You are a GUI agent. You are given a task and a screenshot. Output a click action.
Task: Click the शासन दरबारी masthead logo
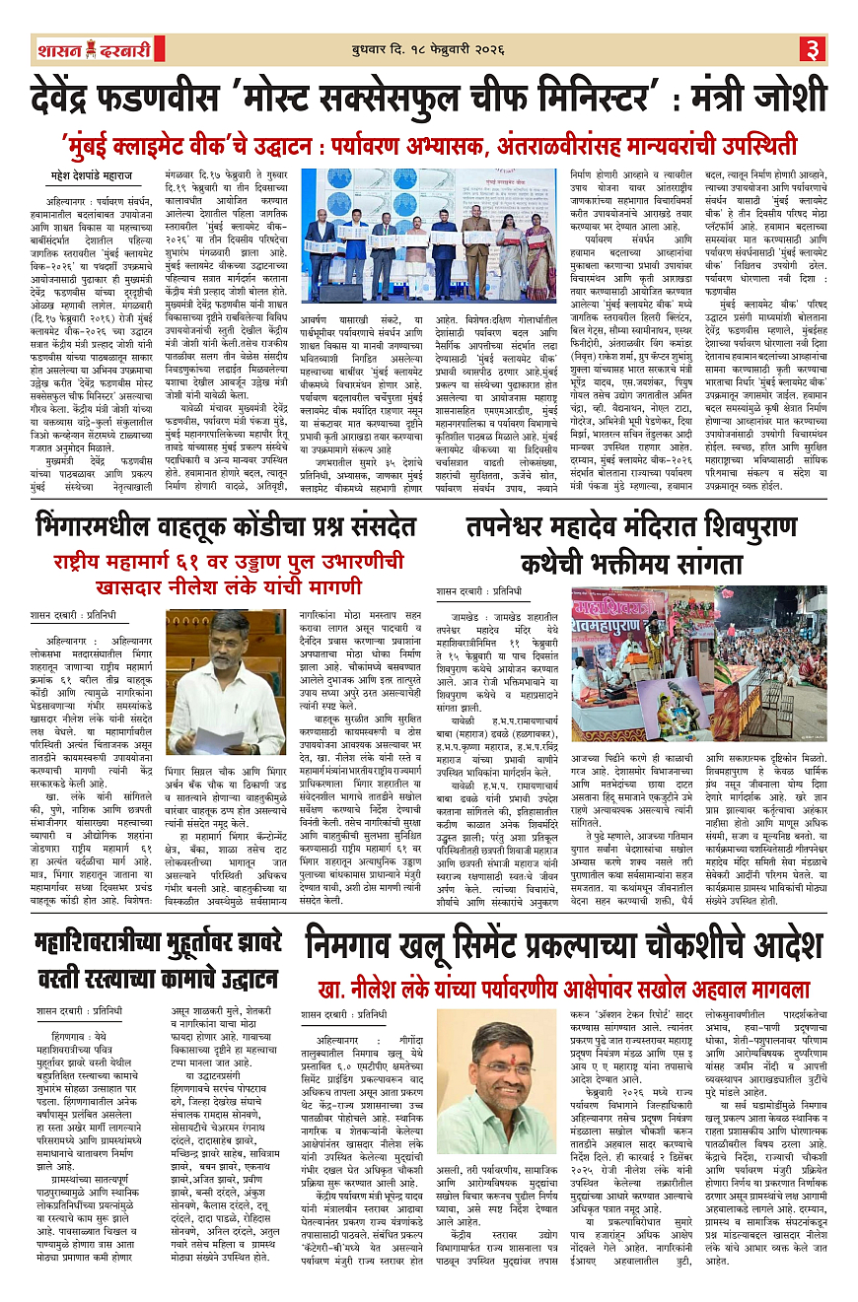point(88,49)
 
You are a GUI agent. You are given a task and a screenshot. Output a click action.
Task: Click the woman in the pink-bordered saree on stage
point(537,258)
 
